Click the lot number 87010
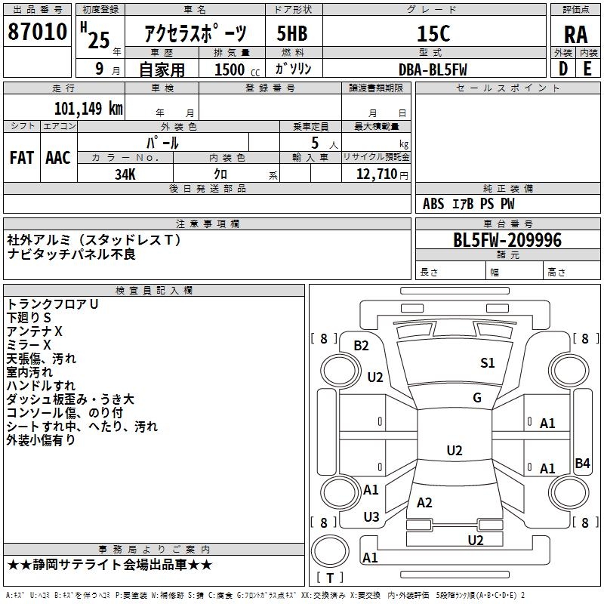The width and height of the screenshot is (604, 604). tap(37, 33)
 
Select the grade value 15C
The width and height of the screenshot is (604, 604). tap(433, 33)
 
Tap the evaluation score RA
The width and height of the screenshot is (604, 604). tap(575, 35)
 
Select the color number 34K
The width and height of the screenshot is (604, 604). tap(125, 174)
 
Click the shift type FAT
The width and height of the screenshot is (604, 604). tap(22, 157)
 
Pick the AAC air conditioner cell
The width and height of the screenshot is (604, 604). tap(58, 157)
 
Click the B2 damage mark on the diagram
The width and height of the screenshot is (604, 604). tap(361, 346)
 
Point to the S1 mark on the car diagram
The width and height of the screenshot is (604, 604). tap(488, 363)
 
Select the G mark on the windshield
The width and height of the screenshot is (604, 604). tap(477, 398)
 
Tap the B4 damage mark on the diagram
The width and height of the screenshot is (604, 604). tap(582, 464)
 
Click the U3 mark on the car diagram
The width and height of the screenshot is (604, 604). tap(371, 517)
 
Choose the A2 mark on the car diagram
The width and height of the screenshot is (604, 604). tap(424, 503)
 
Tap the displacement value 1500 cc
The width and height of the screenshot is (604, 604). tap(231, 69)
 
